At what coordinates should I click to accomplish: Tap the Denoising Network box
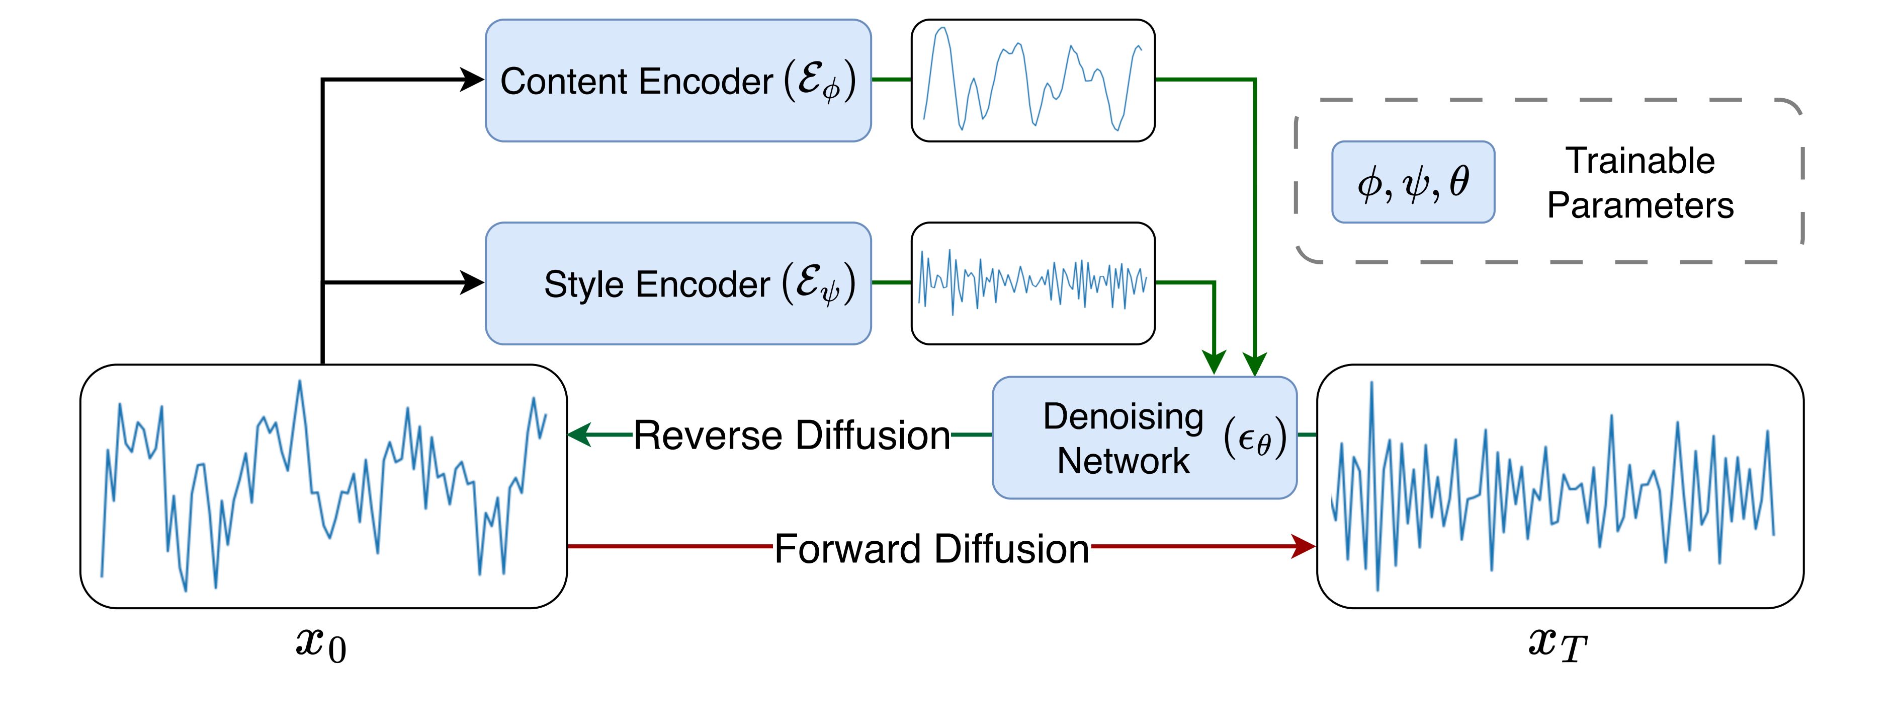coord(1144,438)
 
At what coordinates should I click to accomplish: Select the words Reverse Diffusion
coord(791,436)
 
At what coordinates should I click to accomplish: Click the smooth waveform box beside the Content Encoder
coord(1033,81)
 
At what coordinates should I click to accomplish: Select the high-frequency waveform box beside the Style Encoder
coord(1033,283)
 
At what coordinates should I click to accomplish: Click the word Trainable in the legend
coord(1639,161)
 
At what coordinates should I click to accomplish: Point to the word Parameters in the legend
coord(1639,205)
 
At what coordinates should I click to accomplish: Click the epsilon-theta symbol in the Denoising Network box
coord(1255,438)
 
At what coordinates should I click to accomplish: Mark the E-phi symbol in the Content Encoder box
coord(819,81)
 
